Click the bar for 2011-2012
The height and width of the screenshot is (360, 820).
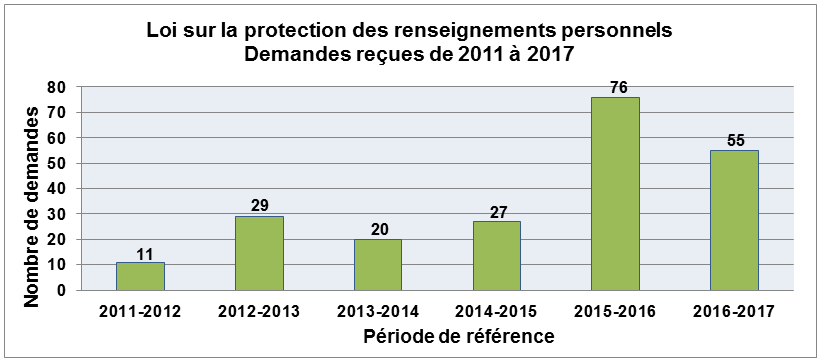140,276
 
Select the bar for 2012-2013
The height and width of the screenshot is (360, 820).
259,253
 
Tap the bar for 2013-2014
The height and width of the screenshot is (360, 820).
378,265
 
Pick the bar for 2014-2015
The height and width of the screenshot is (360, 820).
496,256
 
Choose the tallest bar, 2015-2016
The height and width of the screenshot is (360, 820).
615,193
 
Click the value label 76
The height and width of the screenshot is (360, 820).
617,87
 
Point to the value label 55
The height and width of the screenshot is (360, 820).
735,141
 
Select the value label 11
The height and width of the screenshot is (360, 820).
141,253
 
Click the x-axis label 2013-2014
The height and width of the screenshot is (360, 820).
378,311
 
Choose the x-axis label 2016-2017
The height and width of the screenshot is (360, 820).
734,311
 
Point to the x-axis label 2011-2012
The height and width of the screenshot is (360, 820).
140,311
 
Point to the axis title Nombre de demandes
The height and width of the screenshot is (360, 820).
33,189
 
